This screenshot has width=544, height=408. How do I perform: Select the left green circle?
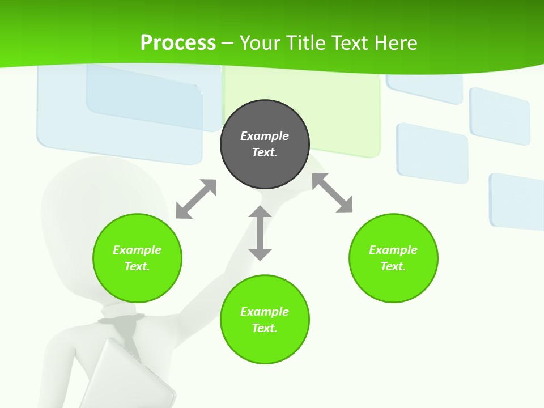pos(137,258)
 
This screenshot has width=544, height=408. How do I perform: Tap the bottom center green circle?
pos(265,320)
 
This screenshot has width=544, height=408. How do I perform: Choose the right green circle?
pos(393,258)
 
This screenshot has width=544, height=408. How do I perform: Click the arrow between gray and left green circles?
pos(196,199)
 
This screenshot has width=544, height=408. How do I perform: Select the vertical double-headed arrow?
pos(260,233)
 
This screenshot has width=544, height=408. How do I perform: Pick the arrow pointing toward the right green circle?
pos(333,193)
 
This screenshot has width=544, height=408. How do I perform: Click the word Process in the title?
pos(178,42)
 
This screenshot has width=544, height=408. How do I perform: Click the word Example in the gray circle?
pos(265,136)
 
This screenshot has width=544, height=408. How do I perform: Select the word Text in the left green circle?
pos(137,266)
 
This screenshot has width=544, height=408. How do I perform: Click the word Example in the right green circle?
pos(393,250)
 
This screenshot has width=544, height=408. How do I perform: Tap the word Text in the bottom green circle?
pos(265,328)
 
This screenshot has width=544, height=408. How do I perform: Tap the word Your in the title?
pos(258,42)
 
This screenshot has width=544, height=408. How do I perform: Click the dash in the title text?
pos(227,43)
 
